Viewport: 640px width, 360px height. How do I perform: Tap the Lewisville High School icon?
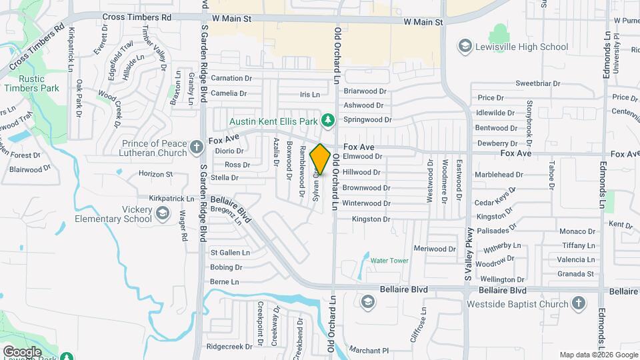465,47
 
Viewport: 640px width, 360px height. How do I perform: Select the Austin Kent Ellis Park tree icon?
327,121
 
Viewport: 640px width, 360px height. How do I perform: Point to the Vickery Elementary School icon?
162,214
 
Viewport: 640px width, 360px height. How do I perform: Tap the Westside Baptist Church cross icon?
578,303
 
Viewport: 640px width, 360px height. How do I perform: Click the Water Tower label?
389,261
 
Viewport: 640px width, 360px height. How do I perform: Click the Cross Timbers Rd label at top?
137,17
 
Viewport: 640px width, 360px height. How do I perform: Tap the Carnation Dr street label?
231,78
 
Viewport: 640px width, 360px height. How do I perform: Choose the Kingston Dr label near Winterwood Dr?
370,219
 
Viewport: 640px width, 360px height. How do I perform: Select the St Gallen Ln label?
230,253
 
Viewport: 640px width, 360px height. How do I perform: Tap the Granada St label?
576,274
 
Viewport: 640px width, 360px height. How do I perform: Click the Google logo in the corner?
22,351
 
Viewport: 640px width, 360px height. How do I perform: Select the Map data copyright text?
598,355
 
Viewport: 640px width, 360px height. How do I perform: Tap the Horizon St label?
155,174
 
